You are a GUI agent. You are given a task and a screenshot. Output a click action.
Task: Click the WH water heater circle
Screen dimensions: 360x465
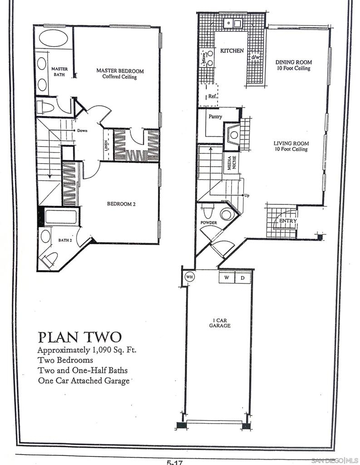click(189, 277)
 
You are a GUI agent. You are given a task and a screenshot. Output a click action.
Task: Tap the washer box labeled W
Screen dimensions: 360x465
click(227, 277)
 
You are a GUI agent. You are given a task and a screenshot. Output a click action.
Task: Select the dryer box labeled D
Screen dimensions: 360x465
click(243, 278)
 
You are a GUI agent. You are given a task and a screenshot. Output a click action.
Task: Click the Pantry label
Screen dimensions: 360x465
click(215, 117)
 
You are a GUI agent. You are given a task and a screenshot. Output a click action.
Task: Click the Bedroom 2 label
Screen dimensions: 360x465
click(121, 204)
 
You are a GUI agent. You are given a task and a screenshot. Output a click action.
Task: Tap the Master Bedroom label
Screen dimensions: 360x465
click(120, 71)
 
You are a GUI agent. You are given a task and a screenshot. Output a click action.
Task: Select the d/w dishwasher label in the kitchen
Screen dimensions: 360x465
click(256, 57)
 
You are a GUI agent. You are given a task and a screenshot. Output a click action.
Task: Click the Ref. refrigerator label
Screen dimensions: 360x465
click(212, 96)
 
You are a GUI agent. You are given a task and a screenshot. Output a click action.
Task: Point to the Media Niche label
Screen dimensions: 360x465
click(232, 163)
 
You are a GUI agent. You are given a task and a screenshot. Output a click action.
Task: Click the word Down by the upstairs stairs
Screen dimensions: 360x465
click(82, 130)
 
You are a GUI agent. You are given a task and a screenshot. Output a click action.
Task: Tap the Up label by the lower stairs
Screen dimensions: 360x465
click(247, 195)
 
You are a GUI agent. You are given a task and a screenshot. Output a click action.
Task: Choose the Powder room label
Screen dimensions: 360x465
click(209, 223)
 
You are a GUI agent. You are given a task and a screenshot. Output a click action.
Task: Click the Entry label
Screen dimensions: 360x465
click(288, 221)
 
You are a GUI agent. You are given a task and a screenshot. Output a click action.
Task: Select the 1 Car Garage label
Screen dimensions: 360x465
click(220, 323)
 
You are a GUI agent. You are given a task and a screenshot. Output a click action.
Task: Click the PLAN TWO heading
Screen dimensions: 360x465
click(80, 337)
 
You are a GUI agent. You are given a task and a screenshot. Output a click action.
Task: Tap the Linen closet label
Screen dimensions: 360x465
click(106, 146)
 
